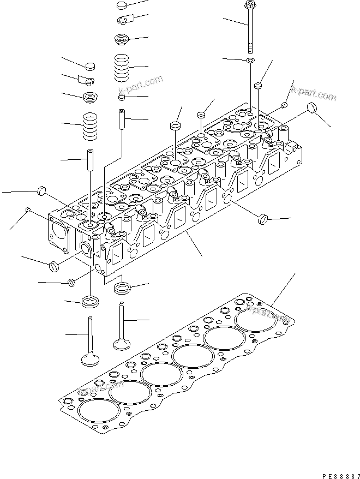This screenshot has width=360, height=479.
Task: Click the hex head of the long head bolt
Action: (x=250, y=6)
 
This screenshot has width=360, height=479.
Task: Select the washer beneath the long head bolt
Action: (x=250, y=59)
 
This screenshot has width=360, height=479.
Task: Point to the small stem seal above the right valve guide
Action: (x=122, y=98)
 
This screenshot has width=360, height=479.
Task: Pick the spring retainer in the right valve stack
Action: (x=123, y=40)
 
